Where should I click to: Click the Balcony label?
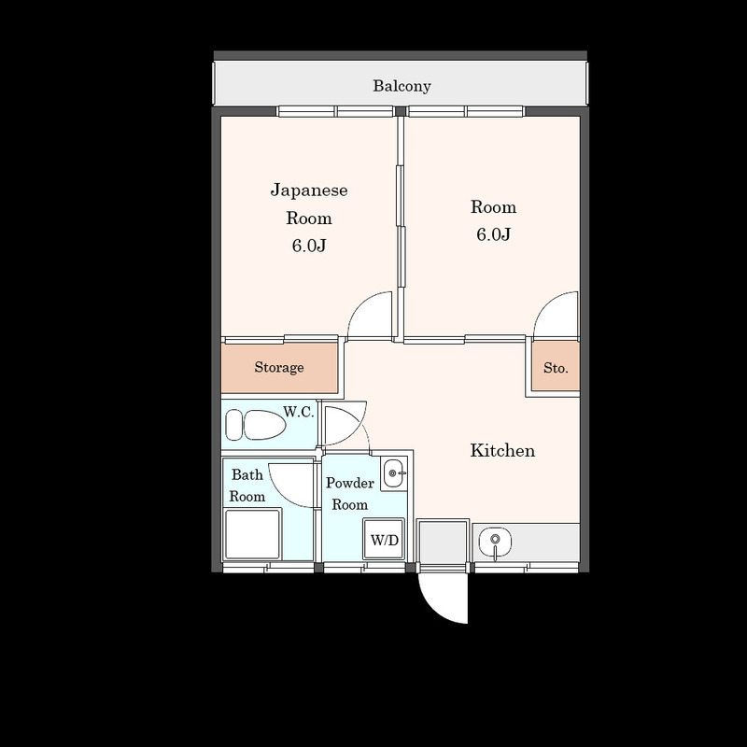(402, 86)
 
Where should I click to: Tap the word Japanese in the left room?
(309, 190)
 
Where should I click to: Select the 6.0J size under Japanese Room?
(309, 246)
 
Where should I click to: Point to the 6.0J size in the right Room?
(494, 234)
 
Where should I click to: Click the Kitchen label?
(502, 450)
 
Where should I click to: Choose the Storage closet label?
(279, 367)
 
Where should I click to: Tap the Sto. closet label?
(556, 368)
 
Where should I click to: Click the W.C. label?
(299, 412)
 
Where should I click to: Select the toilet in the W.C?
(255, 425)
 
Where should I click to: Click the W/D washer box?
(384, 540)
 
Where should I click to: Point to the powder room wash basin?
(394, 473)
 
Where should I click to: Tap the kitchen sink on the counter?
(496, 542)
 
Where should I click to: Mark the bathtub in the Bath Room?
(253, 533)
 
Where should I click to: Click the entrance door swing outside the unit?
(443, 598)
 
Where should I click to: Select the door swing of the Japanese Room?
(370, 316)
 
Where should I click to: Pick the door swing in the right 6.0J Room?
(556, 316)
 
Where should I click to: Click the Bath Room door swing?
(291, 485)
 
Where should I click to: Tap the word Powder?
(350, 483)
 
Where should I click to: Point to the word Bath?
(247, 474)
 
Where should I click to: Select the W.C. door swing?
(345, 425)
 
